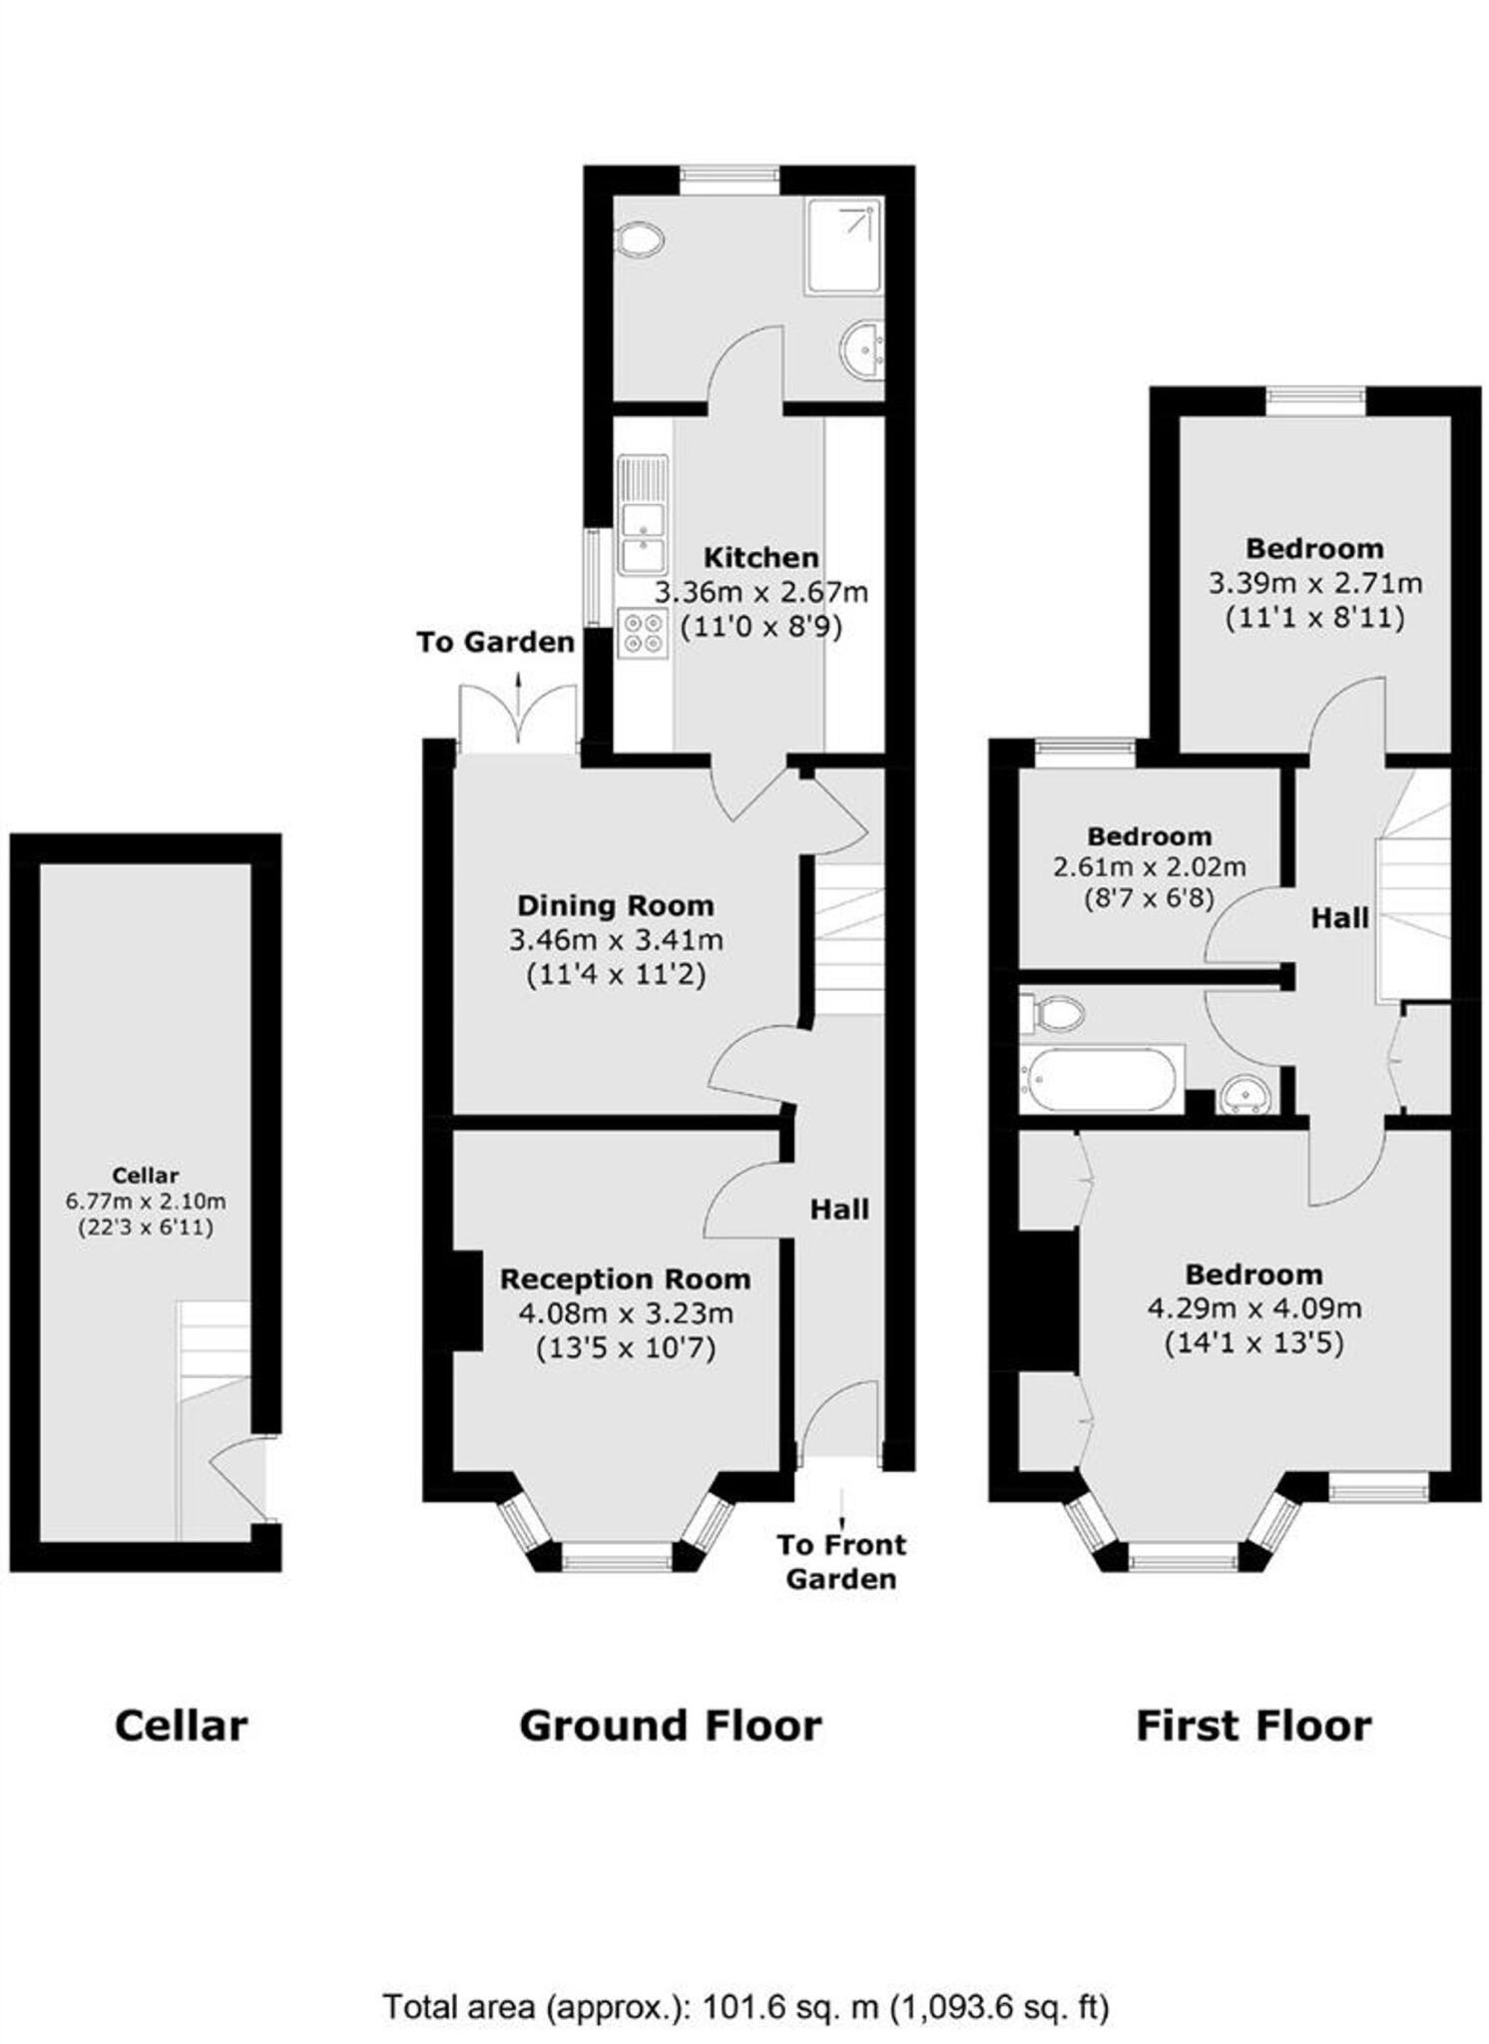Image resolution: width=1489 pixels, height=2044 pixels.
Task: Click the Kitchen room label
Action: click(x=760, y=557)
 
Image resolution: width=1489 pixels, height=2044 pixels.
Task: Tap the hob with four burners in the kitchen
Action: click(x=643, y=633)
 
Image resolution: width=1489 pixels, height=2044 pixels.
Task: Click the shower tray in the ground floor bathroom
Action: click(x=843, y=247)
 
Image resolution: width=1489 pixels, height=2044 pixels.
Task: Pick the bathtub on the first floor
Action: click(x=1101, y=1079)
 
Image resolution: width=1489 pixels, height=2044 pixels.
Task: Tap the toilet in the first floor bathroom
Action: click(x=1052, y=1013)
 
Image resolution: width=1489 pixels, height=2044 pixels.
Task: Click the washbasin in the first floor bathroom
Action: click(x=1246, y=1093)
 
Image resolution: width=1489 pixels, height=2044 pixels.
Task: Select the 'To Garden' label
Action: click(x=495, y=642)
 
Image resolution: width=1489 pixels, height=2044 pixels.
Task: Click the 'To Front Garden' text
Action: click(x=841, y=1562)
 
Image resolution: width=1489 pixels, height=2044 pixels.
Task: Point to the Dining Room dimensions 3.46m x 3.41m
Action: click(x=616, y=939)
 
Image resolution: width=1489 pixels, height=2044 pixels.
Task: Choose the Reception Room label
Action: click(x=625, y=1278)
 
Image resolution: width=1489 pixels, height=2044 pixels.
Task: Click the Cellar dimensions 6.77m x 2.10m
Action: click(x=146, y=1202)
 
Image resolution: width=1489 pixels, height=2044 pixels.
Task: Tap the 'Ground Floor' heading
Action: click(x=671, y=1726)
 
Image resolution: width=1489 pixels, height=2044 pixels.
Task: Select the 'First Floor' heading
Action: click(x=1253, y=1726)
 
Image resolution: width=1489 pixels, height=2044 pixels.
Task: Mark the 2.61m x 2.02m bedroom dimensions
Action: click(x=1149, y=867)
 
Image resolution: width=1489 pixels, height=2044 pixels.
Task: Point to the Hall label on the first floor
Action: click(x=1339, y=918)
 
